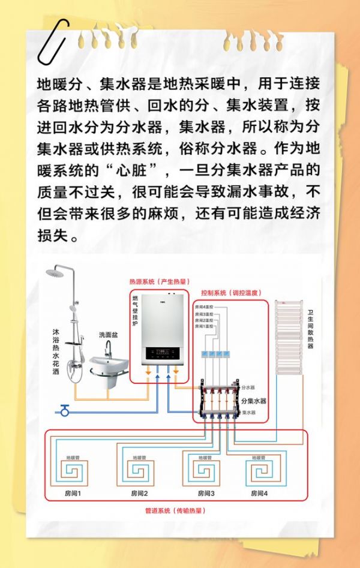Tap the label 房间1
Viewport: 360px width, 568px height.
coord(73,494)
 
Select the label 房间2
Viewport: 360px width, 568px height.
coord(139,494)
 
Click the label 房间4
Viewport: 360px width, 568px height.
coord(259,494)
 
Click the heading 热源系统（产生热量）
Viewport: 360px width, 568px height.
coord(158,281)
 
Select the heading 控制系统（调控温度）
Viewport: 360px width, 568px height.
coord(231,293)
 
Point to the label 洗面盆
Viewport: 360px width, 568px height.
coord(109,335)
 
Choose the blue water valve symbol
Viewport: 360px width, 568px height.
coord(64,411)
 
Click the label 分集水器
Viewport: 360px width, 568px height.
coord(253,401)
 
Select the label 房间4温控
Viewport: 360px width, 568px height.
coord(205,308)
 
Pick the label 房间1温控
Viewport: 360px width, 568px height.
coord(205,327)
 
